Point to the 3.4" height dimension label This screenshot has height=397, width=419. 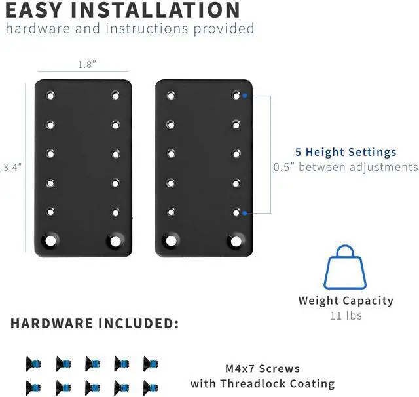pos(12,168)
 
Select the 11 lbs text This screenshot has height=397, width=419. pos(346,316)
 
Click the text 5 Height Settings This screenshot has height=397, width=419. pos(346,152)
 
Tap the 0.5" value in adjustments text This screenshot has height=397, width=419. pos(285,167)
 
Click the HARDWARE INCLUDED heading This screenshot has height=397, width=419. pos(94,324)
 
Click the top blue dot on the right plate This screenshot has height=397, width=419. pos(244,95)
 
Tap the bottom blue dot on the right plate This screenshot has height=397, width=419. pos(244,213)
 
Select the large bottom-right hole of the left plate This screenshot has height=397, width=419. pos(115,240)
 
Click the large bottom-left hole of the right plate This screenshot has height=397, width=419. pos(172,240)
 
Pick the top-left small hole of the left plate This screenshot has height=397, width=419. pos(50,96)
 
